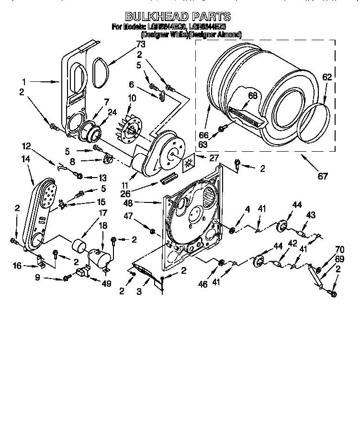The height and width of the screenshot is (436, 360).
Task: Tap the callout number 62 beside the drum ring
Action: pyautogui.click(x=327, y=77)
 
